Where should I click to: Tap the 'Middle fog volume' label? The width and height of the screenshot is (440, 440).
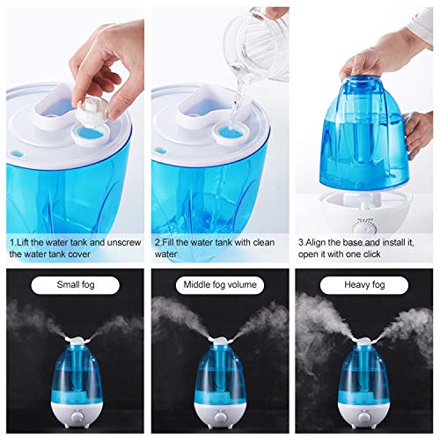tap(218, 285)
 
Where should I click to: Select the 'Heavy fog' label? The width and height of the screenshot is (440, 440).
tap(363, 285)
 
